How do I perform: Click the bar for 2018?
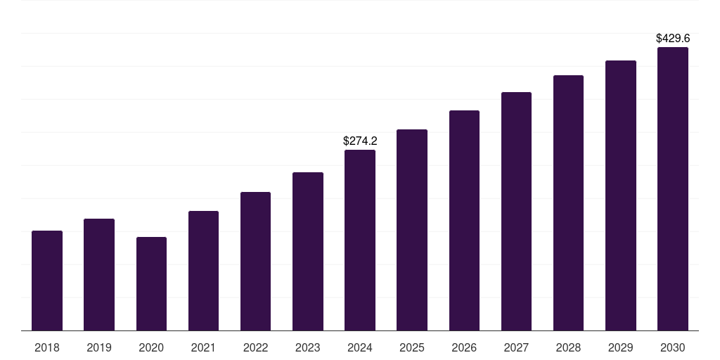point(47,281)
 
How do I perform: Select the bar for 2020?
point(151,284)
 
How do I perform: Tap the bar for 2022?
point(255,262)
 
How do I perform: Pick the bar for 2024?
point(360,240)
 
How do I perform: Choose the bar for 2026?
point(464,221)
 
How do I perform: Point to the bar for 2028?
point(568,203)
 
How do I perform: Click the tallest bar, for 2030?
point(672,189)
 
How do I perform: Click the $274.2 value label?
point(360,141)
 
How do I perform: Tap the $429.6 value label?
point(672,39)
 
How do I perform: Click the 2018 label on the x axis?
point(47,347)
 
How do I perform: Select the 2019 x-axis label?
point(99,347)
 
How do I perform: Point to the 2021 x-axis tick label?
point(203,347)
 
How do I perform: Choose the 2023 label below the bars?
point(308,347)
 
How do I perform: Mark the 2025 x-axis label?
point(412,347)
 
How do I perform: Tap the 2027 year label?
point(516,347)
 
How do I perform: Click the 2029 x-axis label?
point(620,347)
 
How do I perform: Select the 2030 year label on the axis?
point(672,347)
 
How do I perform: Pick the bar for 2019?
point(99,275)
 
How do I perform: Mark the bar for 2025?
point(412,230)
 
